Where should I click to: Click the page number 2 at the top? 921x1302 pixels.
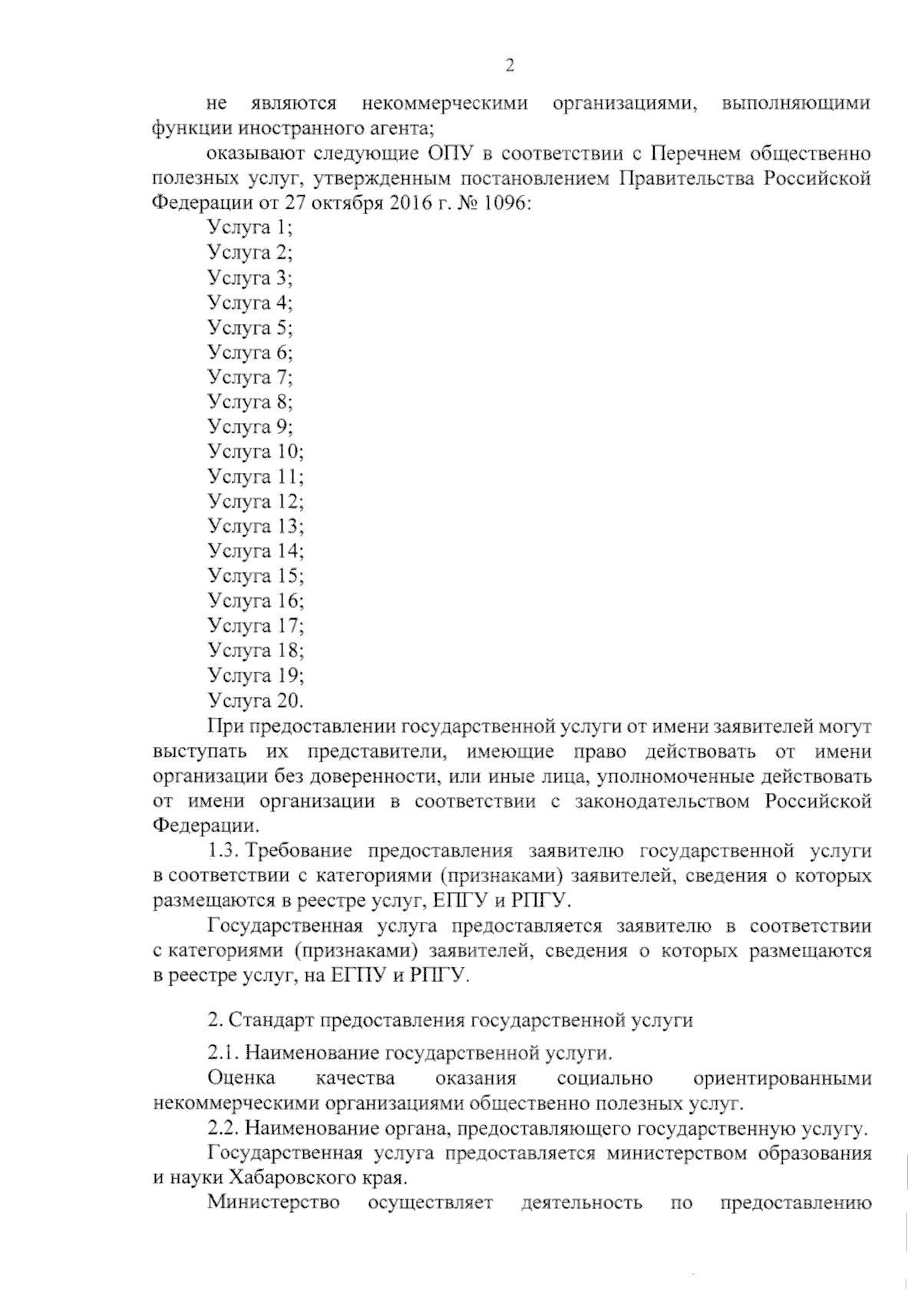pos(509,66)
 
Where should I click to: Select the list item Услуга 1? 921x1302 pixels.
pos(250,227)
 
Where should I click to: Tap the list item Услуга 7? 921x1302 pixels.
pos(250,377)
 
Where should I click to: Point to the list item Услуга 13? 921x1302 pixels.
pos(256,527)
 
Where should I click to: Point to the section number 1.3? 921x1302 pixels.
pos(225,851)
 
